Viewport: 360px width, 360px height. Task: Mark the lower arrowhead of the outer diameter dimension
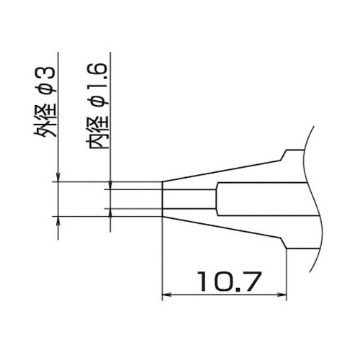click(x=57, y=221)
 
